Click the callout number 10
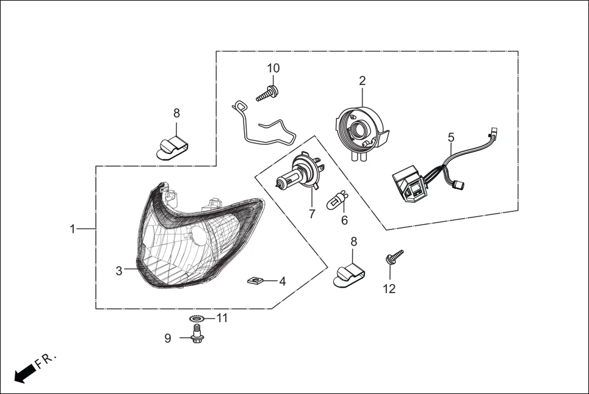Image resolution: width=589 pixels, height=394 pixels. coord(273,68)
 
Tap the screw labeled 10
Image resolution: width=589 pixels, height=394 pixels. coord(267,94)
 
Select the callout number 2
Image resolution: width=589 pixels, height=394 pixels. coord(362,81)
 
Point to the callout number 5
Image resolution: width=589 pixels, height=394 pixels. coord(451,137)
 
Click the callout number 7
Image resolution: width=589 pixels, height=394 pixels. coord(312,214)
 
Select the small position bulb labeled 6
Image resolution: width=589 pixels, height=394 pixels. coord(338,200)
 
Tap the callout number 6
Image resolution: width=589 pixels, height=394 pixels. coord(344,220)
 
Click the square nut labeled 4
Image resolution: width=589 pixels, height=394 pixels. coord(256,280)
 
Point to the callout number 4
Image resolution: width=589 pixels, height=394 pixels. coord(282,282)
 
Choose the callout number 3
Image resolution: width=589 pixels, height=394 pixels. coord(119,271)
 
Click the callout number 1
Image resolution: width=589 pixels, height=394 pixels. coord(73,229)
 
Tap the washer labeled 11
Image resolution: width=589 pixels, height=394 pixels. coord(196,319)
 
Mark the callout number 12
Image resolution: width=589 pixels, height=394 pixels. coord(389,288)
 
